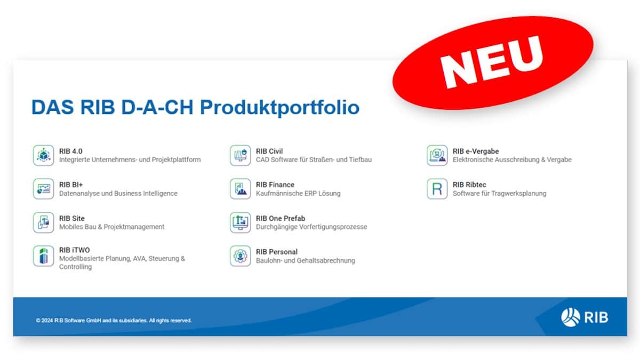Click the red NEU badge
coord(493,60)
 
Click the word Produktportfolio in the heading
coord(279,107)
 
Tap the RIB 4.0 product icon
coord(43,155)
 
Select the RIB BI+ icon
coord(43,189)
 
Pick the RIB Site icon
coord(43,222)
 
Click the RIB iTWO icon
coord(43,256)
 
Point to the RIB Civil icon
coord(240,155)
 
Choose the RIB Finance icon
coord(240,189)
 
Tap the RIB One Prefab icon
coord(240,222)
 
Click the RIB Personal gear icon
coord(240,256)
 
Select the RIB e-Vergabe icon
coord(437,155)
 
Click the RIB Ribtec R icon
coord(437,189)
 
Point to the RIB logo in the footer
coord(585,317)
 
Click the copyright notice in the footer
coord(114,321)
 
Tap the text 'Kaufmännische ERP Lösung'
coord(298,194)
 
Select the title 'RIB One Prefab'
coord(281,218)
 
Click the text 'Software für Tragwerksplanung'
coord(499,194)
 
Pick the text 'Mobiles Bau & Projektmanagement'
coord(111,227)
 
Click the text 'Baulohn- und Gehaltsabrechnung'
coord(305,261)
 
